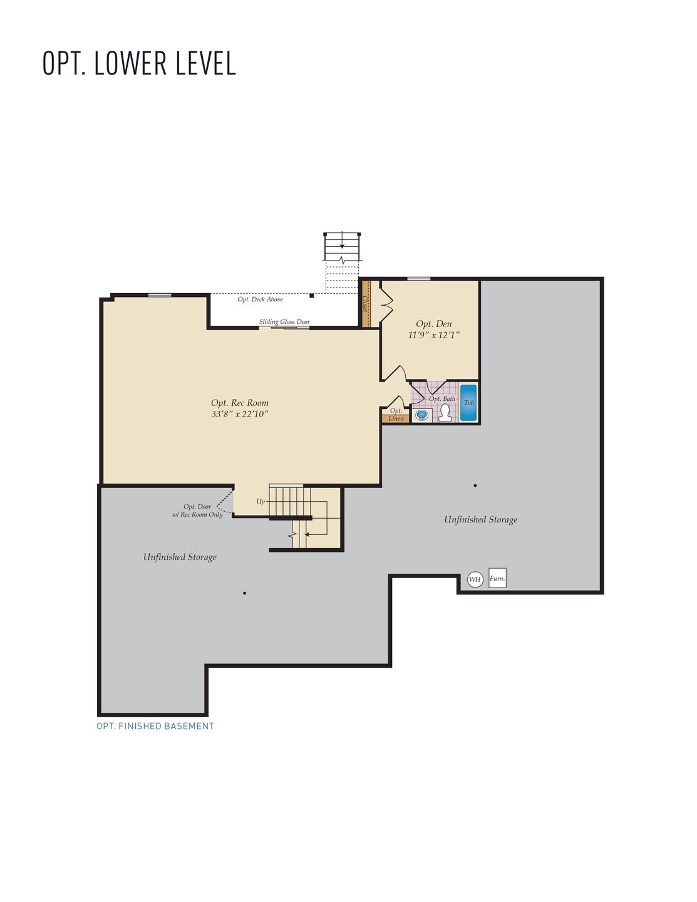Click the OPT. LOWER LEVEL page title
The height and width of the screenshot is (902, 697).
point(139,63)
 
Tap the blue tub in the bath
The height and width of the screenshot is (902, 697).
point(468,403)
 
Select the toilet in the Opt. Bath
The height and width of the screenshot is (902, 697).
point(445,413)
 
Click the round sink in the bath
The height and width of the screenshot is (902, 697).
point(421,415)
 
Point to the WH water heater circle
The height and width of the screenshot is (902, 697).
point(475,579)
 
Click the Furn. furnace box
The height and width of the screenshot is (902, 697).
point(497,578)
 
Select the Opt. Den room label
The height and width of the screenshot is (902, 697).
point(434,324)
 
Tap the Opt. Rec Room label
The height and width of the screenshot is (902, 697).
point(240,403)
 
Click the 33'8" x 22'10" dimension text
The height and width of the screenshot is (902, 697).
point(240,414)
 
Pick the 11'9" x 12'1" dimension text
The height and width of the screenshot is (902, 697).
point(434,335)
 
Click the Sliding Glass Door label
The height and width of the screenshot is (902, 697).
point(284,322)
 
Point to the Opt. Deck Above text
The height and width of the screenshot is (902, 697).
point(260,299)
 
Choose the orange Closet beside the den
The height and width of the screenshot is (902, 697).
point(366,304)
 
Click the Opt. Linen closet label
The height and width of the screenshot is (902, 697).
point(396,415)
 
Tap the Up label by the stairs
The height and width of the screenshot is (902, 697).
point(261,501)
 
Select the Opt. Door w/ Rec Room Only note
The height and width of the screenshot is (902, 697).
point(197,511)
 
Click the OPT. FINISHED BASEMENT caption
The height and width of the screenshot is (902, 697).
point(155,726)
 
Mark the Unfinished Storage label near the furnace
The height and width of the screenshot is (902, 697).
point(480,519)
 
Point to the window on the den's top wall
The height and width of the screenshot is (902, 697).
point(418,279)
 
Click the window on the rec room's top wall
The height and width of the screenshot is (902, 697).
point(160,295)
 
